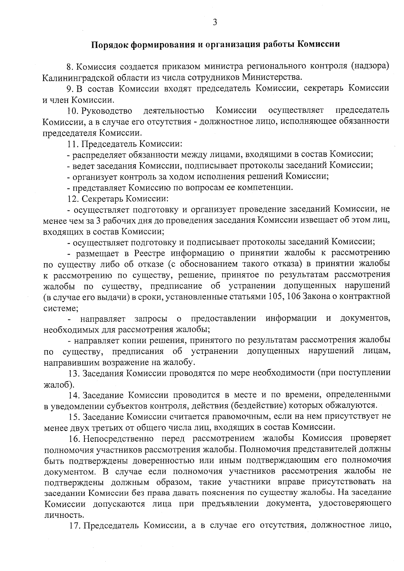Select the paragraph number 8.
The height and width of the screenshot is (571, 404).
69,67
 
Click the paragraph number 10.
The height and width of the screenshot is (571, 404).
72,111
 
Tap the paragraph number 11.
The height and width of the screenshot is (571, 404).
72,144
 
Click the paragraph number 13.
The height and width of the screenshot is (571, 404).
74,373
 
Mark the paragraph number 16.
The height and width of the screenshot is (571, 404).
74,439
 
